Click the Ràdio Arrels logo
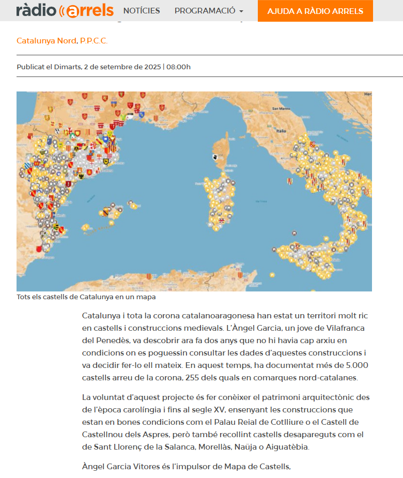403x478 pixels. pos(65,10)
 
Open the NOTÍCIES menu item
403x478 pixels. pos(142,11)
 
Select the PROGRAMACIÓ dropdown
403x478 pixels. pos(209,11)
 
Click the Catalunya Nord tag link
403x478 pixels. pos(46,41)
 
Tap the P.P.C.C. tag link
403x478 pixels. pos(94,41)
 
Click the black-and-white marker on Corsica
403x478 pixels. pos(214,157)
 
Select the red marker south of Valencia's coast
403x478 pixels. pos(39,249)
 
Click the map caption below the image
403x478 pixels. pos(86,297)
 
